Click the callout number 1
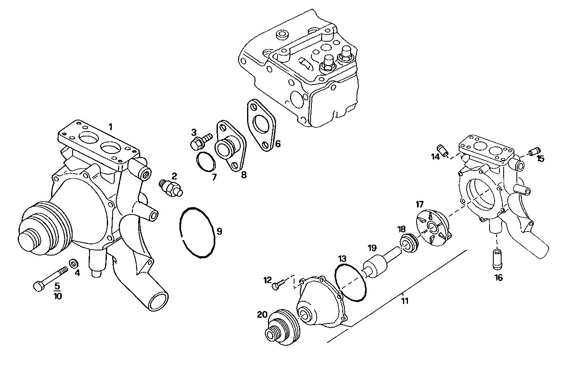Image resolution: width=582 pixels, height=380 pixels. pyautogui.click(x=110, y=126)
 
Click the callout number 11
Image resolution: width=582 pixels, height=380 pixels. pyautogui.click(x=405, y=301)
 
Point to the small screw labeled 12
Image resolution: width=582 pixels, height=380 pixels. pyautogui.click(x=278, y=284)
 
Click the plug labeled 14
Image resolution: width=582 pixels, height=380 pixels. pyautogui.click(x=444, y=151)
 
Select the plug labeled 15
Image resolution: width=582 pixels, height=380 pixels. pyautogui.click(x=535, y=151)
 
